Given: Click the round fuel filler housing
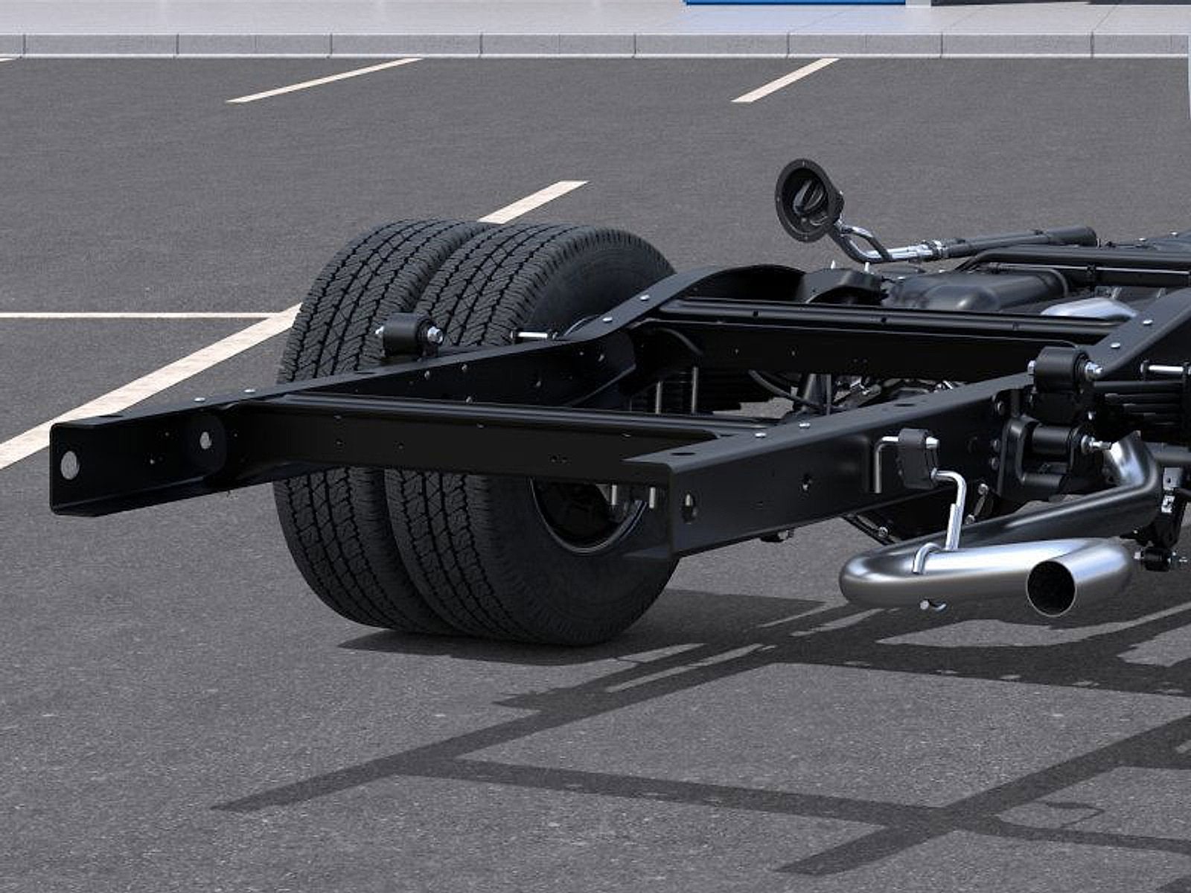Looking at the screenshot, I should [808, 200].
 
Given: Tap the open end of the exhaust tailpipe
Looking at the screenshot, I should [1051, 587].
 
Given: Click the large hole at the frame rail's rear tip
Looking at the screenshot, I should [69, 465].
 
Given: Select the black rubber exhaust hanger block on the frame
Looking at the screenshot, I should [917, 458].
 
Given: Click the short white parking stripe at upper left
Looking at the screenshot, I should [324, 80].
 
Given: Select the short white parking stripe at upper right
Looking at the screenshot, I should [785, 80].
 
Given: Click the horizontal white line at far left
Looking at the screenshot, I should [112, 316].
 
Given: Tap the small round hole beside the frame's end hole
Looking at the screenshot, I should [205, 440].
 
